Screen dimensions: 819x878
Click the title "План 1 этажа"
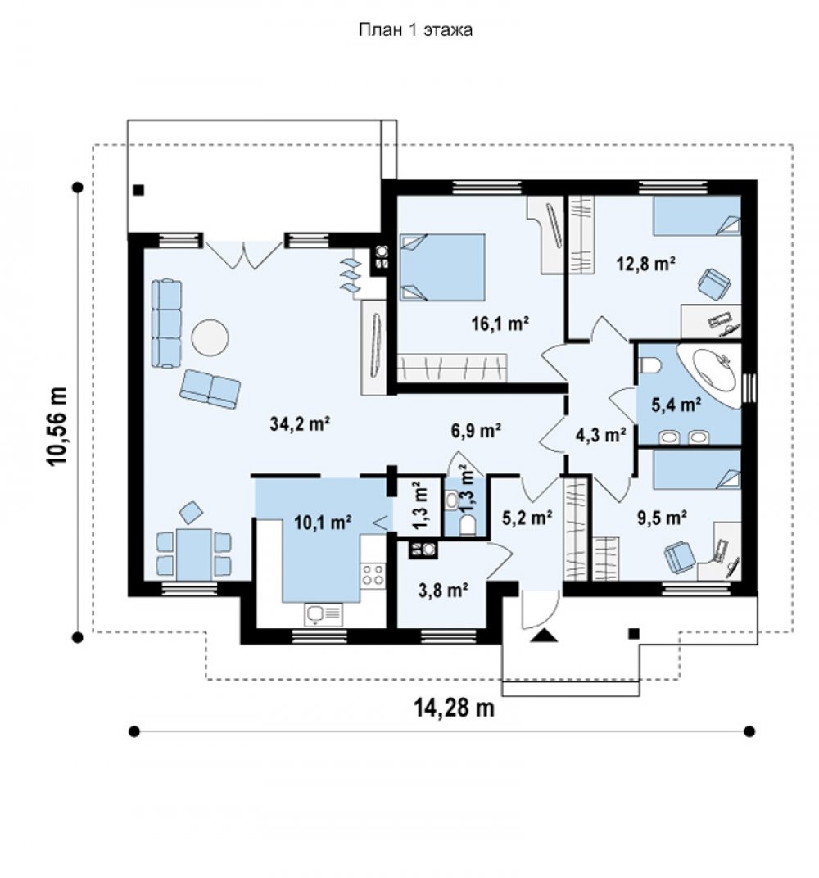pos(415,29)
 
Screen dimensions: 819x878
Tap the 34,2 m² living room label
pos(300,424)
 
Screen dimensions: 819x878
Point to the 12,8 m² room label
pos(646,263)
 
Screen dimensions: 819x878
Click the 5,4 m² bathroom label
pos(676,405)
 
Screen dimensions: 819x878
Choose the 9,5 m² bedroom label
pos(663,518)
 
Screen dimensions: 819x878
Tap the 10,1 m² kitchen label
pos(323,523)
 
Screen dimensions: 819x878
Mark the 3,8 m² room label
pos(443,590)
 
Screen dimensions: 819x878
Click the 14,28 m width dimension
pos(454,708)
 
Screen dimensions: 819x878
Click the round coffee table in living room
pos(210,337)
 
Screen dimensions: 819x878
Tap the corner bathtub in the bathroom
pos(708,374)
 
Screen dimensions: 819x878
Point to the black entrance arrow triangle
pos(543,635)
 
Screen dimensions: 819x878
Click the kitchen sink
pos(324,614)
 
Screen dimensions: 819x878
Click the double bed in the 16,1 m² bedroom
pos(442,268)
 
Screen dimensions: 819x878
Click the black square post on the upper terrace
pos(139,190)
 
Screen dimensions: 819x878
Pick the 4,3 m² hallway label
pos(600,434)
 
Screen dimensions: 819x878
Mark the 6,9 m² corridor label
pos(476,430)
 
